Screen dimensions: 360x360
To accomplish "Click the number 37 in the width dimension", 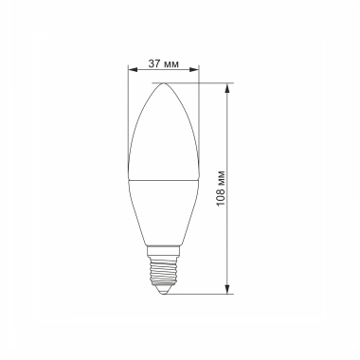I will (x=155, y=63).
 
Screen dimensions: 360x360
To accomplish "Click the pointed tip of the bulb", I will (x=163, y=83).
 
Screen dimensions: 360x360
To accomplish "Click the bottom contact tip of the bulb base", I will (x=164, y=289).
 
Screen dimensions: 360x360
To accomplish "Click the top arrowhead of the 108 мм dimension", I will (x=228, y=87).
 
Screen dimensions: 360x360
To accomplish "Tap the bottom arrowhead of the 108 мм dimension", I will (x=228, y=286).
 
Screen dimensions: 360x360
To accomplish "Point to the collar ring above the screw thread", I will (x=164, y=249).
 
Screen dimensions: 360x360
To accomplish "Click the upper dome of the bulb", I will (x=163, y=133).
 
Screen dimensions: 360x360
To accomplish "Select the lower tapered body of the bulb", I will (x=163, y=208).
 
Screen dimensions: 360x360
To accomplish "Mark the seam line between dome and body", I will (x=163, y=177).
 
